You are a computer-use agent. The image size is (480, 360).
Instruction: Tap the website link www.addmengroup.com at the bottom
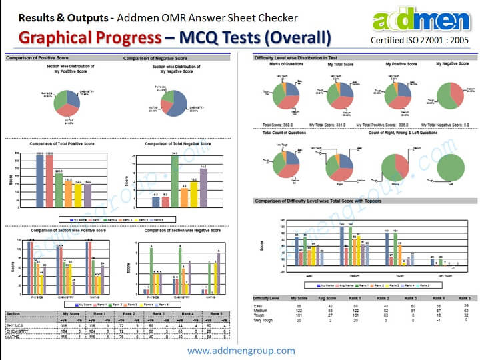(241, 350)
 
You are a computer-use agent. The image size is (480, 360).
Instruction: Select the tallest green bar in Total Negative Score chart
(175, 180)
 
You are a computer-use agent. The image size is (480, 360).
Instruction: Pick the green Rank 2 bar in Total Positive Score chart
(58, 183)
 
